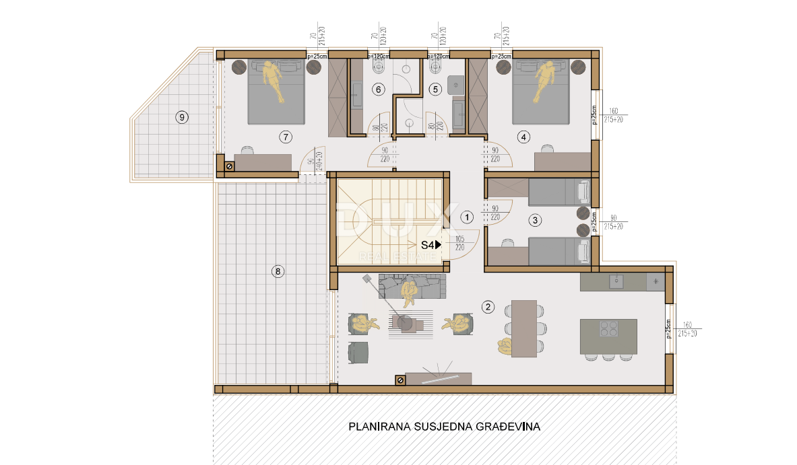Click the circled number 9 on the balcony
pos(181,117)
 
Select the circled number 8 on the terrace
pos(277,272)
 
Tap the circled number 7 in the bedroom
pos(286,137)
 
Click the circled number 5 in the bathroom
pos(435,89)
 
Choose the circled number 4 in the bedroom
pos(523,137)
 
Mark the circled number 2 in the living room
pos(488,308)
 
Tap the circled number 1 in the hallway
pos(466,217)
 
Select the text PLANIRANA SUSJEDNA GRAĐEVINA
pos(444,427)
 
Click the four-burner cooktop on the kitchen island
pos(608,328)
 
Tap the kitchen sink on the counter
pos(616,281)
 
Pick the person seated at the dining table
pos(504,346)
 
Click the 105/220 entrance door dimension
pos(460,242)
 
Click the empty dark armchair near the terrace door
pos(359,351)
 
